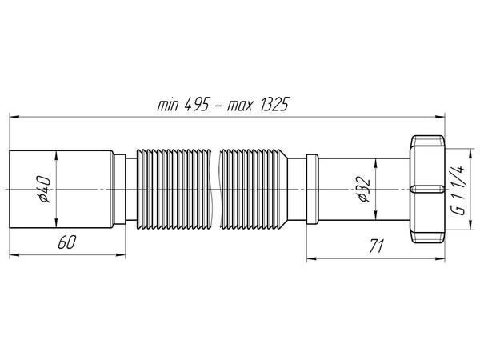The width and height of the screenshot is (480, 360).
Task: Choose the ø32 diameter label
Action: pyautogui.click(x=362, y=189)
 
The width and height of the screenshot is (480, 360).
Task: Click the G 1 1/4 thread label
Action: pyautogui.click(x=458, y=189)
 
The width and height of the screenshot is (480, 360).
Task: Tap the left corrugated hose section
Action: pyautogui.click(x=171, y=189)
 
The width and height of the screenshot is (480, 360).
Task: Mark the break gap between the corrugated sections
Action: pyautogui.click(x=214, y=189)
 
